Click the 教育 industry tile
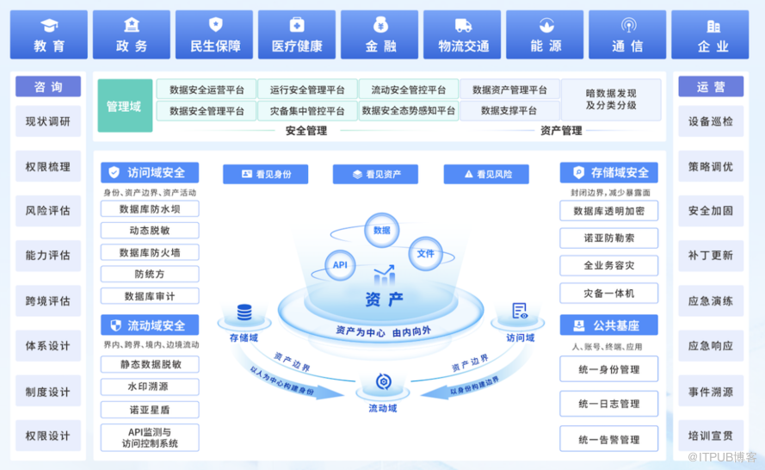48,34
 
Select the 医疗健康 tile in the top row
296,34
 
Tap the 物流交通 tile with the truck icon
463,34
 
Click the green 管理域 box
124,106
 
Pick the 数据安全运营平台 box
207,90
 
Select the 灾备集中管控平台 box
306,111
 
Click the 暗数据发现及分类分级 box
611,100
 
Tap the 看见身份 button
265,174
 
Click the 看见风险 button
486,174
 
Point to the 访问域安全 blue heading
150,172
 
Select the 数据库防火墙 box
150,252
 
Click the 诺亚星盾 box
150,409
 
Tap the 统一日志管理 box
608,403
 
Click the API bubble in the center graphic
340,265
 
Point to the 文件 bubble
425,253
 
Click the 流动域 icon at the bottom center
382,384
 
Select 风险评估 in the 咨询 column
48,211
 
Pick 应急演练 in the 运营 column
711,301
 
